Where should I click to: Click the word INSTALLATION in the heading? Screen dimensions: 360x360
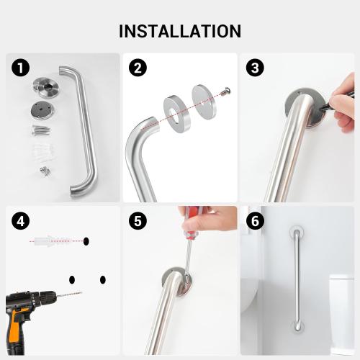pyautogui.click(x=180, y=31)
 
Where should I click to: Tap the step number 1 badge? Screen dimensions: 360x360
pyautogui.click(x=21, y=68)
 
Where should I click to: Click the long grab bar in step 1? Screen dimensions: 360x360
pyautogui.click(x=85, y=130)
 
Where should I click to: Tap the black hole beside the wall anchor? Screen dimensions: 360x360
pyautogui.click(x=86, y=240)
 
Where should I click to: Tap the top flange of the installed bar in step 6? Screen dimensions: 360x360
pyautogui.click(x=295, y=233)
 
